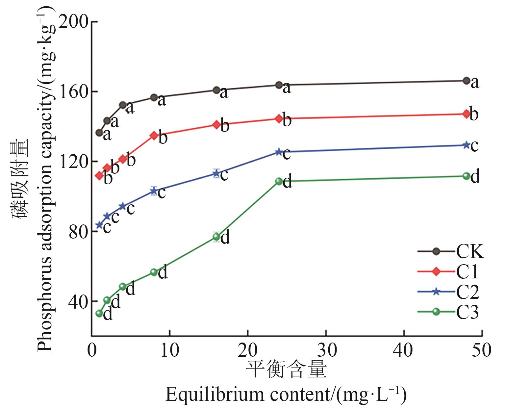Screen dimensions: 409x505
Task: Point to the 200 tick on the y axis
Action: click(76, 22)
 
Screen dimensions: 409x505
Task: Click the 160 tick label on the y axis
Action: click(76, 92)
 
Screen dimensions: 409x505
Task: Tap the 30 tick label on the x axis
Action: click(326, 351)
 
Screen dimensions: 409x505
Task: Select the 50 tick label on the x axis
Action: click(482, 351)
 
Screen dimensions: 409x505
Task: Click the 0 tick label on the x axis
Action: click(92, 351)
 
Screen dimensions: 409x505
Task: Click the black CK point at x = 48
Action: click(466, 81)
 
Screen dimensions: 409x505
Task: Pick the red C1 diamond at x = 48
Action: click(466, 114)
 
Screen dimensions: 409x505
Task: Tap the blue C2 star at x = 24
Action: click(279, 152)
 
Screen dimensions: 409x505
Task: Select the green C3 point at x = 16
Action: click(216, 237)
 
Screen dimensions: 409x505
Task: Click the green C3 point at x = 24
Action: click(279, 181)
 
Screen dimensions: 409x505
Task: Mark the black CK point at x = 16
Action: click(216, 90)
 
